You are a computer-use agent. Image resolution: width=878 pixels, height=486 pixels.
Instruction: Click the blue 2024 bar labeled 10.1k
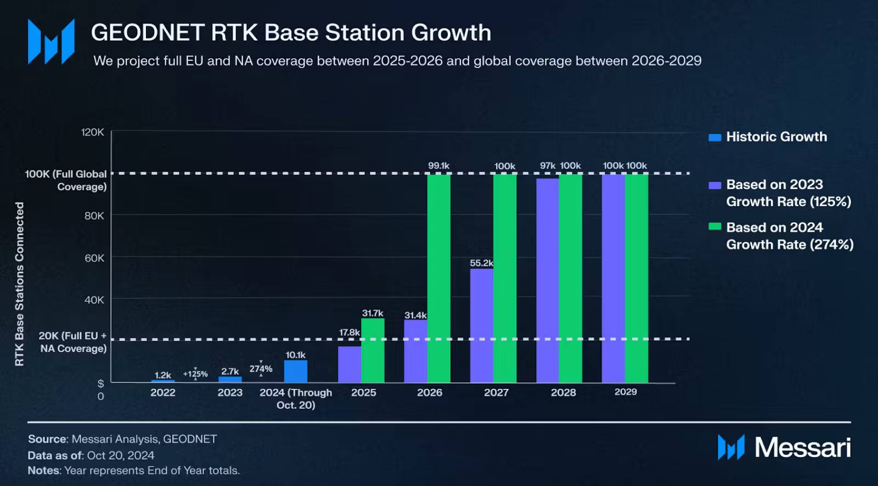(296, 371)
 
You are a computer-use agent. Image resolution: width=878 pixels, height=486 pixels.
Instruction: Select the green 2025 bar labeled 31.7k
(373, 351)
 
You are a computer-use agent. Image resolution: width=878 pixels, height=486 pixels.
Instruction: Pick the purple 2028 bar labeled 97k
(547, 280)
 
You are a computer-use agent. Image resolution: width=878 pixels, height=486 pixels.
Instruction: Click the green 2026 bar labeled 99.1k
(438, 278)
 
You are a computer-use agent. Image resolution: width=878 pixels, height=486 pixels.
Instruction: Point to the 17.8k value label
(349, 332)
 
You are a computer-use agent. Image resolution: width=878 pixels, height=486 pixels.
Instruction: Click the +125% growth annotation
(195, 374)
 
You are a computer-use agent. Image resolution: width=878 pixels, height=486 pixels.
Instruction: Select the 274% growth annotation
(261, 369)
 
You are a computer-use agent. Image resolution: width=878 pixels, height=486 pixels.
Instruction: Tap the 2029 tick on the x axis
(626, 392)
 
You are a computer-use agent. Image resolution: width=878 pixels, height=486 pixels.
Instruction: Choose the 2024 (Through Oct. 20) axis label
(296, 399)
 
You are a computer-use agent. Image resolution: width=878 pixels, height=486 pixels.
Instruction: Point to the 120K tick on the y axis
(92, 132)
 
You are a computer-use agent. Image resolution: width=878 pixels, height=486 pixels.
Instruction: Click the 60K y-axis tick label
(94, 258)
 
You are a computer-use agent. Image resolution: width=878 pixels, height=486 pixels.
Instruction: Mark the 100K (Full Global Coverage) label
(66, 180)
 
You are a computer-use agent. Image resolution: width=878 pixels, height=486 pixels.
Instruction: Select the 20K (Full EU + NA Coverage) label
(72, 342)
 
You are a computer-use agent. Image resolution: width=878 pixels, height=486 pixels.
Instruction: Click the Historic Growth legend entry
(776, 137)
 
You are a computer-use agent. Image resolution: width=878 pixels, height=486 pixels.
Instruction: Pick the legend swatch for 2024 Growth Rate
(714, 227)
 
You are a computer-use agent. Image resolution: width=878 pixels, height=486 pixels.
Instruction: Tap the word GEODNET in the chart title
(148, 33)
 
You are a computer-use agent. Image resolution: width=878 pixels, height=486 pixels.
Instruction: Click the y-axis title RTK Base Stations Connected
(20, 284)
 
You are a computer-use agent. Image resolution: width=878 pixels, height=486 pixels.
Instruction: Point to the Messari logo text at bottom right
(802, 448)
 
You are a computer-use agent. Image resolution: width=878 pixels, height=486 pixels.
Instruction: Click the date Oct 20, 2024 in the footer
(120, 455)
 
